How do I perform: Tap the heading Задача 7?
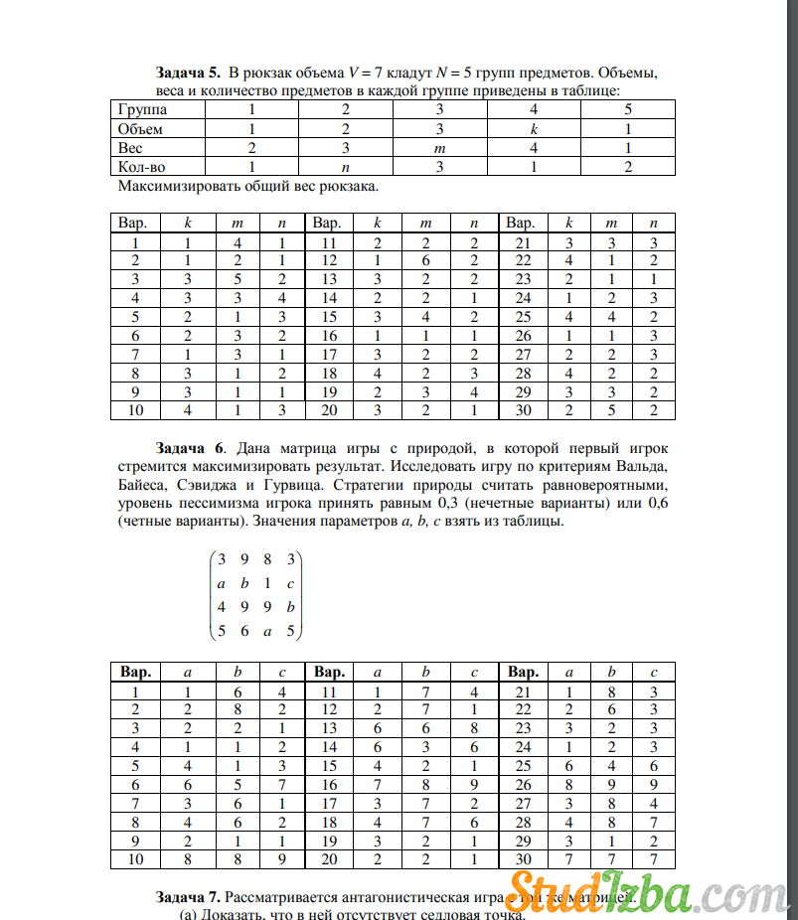coord(188,897)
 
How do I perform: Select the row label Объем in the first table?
coord(140,129)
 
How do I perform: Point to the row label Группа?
coord(142,110)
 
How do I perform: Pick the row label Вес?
coord(129,148)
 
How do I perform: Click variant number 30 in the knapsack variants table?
coord(522,410)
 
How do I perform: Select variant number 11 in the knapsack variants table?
coord(327,241)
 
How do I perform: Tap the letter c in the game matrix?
coord(289,582)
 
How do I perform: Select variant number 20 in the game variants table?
coord(329,859)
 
